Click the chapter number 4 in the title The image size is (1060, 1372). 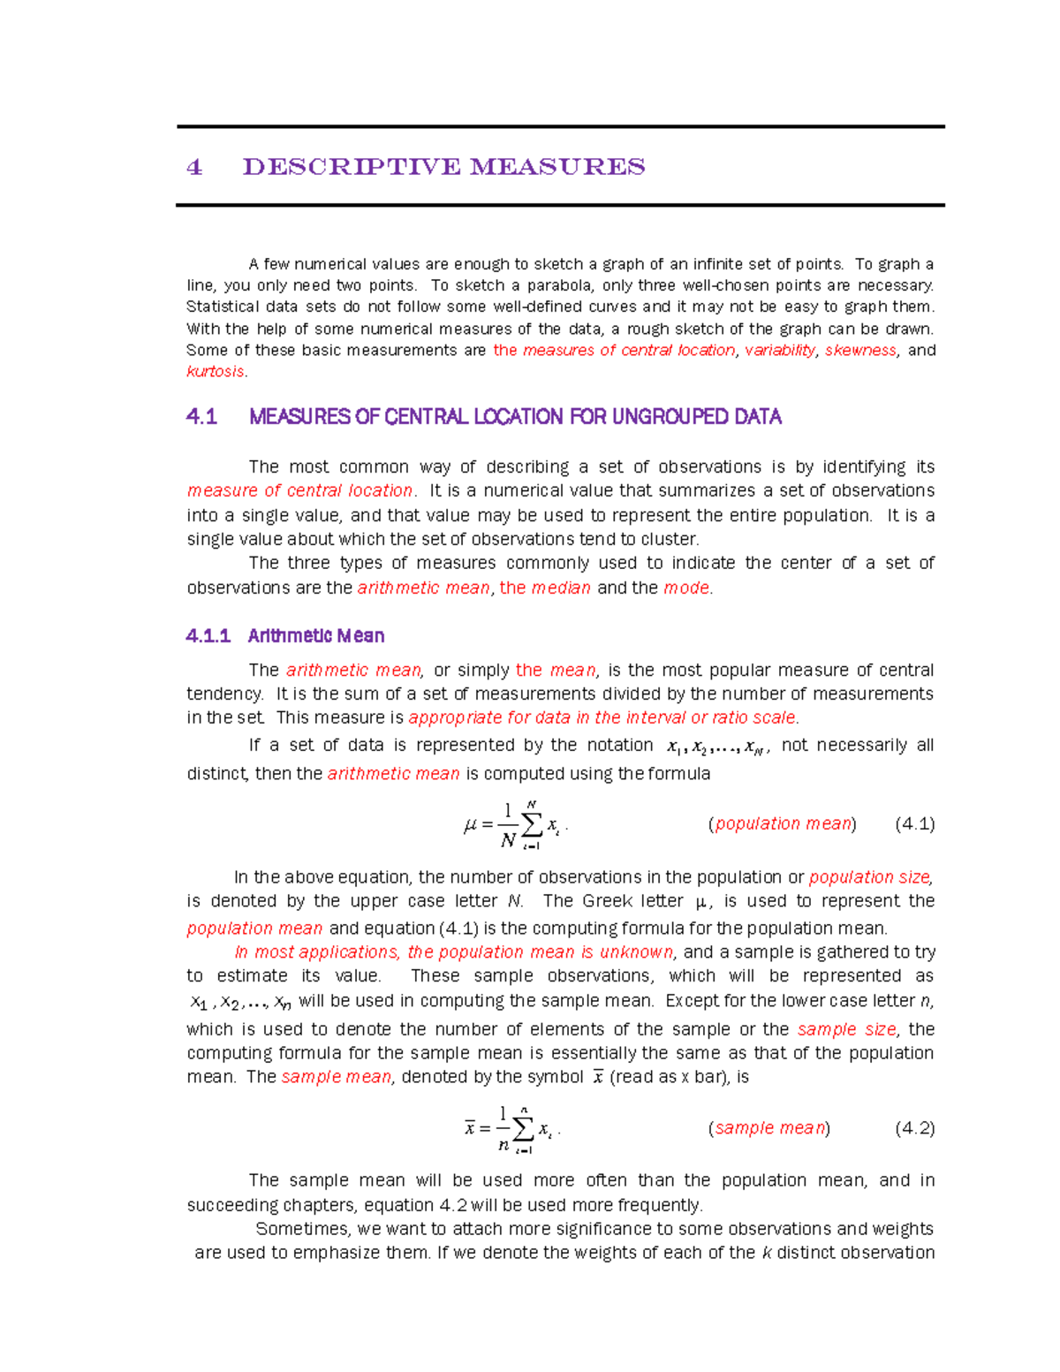pyautogui.click(x=194, y=167)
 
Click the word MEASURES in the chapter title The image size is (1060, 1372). pyautogui.click(x=557, y=167)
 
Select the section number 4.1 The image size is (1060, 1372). pyautogui.click(x=201, y=417)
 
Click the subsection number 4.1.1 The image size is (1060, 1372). pyautogui.click(x=208, y=636)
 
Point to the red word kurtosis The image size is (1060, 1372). pyautogui.click(x=215, y=372)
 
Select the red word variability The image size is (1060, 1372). pyautogui.click(x=780, y=351)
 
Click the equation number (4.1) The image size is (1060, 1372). pyautogui.click(x=914, y=824)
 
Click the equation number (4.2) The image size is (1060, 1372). pyautogui.click(x=914, y=1128)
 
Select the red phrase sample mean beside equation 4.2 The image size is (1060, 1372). pyautogui.click(x=769, y=1128)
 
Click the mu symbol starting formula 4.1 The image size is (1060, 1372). pyautogui.click(x=470, y=826)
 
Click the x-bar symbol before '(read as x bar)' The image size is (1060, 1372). pyautogui.click(x=598, y=1078)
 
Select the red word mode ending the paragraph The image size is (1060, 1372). pyautogui.click(x=686, y=588)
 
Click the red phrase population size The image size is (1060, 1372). pyautogui.click(x=869, y=877)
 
